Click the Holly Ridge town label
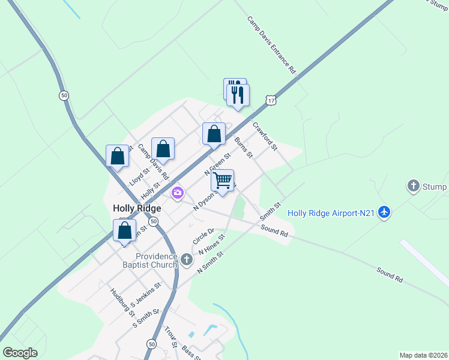click(137, 209)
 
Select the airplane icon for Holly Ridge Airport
click(385, 213)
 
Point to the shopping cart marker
click(222, 181)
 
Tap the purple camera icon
click(178, 193)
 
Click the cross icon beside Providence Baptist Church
click(187, 260)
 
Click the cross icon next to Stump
click(413, 187)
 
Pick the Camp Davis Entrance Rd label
click(272, 44)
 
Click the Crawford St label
click(265, 136)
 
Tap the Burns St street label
click(244, 147)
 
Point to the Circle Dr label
click(203, 236)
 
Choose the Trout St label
click(170, 338)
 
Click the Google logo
click(20, 353)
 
